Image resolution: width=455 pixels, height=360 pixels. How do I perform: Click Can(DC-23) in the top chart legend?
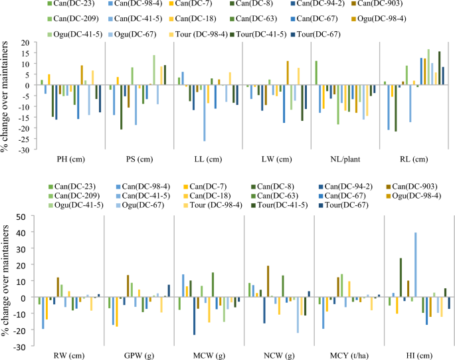67,4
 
